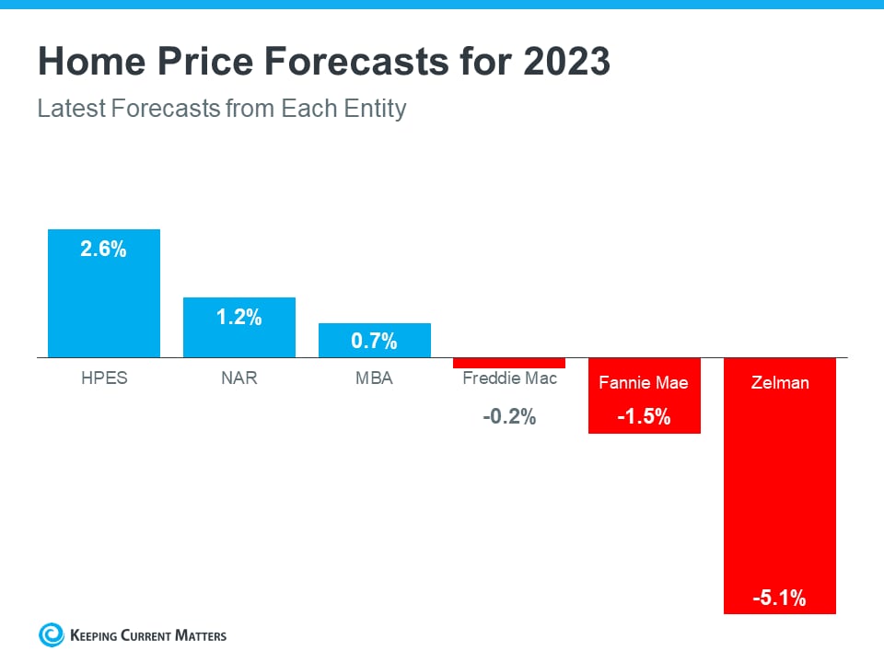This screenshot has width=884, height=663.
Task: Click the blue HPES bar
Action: click(104, 304)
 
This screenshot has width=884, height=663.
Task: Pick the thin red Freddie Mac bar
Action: click(509, 363)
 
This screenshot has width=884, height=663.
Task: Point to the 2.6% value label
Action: click(103, 250)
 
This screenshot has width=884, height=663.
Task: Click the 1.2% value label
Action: click(239, 318)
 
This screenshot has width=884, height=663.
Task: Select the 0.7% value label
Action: click(374, 342)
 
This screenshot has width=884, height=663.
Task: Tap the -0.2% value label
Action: click(509, 417)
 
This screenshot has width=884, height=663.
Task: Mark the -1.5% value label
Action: click(644, 417)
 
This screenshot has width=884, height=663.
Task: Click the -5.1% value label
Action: click(779, 599)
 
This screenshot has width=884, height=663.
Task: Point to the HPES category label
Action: click(103, 378)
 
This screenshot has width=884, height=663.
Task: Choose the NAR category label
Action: click(239, 378)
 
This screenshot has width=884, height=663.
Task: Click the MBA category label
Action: click(374, 378)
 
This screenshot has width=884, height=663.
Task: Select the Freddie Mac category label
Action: click(509, 378)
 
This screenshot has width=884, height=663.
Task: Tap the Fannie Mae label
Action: click(644, 382)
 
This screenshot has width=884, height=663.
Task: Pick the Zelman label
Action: click(779, 382)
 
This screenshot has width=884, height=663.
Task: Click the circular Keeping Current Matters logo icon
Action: click(52, 634)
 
